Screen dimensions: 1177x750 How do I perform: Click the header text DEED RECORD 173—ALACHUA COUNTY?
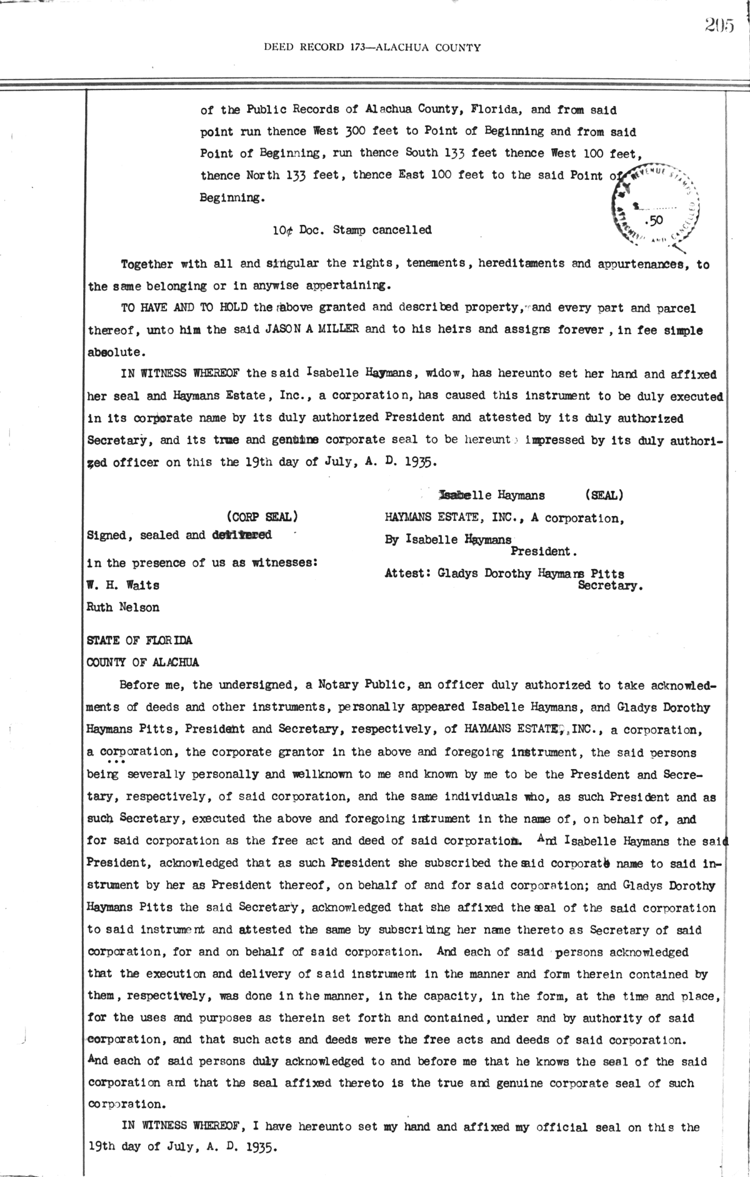pyautogui.click(x=372, y=47)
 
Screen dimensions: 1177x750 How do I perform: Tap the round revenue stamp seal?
pyautogui.click(x=654, y=201)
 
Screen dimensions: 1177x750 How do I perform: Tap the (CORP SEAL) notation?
pyautogui.click(x=261, y=517)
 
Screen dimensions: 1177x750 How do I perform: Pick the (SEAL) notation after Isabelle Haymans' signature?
pyautogui.click(x=603, y=495)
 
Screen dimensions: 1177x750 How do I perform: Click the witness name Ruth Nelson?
pyautogui.click(x=122, y=607)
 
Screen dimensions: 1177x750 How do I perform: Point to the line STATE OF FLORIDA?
pyautogui.click(x=139, y=640)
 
